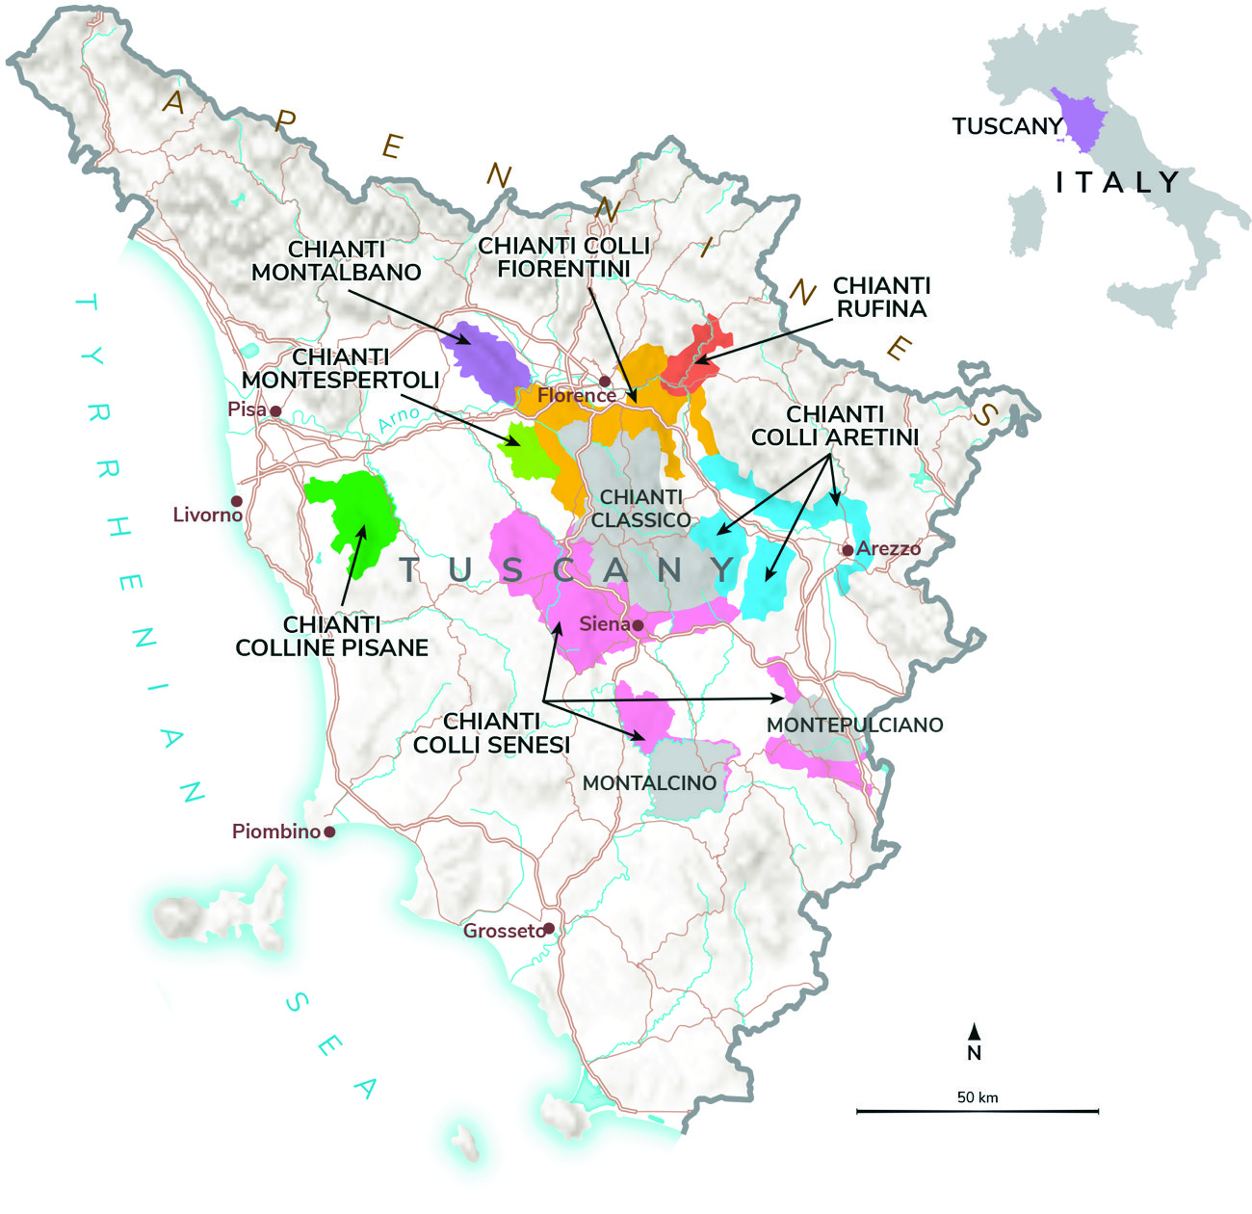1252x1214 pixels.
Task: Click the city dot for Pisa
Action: (275, 411)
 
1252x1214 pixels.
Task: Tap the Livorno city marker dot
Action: (236, 501)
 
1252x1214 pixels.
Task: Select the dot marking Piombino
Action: (329, 831)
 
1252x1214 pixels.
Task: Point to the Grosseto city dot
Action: (548, 929)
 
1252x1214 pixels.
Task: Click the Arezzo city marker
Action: (848, 550)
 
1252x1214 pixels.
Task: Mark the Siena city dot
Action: (638, 625)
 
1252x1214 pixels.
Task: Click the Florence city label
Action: (576, 395)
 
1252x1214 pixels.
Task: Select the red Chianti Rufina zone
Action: (695, 358)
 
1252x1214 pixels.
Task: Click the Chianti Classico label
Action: (640, 508)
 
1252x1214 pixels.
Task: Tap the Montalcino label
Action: (650, 782)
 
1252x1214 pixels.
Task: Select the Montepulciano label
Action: (854, 725)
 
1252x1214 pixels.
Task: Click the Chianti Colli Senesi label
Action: (491, 733)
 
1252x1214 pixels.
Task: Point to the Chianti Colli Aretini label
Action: (834, 426)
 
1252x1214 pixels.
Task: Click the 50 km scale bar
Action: (977, 1111)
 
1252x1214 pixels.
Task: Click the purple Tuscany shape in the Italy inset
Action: (1081, 120)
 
